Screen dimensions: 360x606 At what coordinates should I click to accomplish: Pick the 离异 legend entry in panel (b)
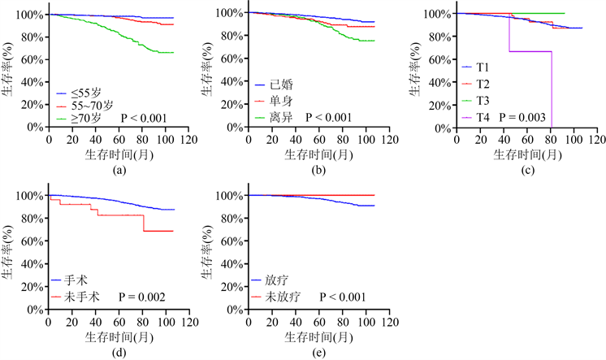[x=280, y=117]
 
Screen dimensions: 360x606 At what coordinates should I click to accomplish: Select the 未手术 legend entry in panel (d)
[x=82, y=297]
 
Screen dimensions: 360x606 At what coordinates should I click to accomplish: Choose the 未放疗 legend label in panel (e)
[x=281, y=297]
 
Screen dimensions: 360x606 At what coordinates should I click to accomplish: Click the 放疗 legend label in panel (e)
[x=275, y=281]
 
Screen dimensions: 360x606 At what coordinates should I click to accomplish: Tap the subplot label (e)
[x=320, y=352]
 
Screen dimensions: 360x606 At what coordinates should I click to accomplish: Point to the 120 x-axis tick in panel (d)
[x=188, y=320]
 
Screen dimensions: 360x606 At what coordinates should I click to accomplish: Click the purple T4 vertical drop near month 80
[x=552, y=89]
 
